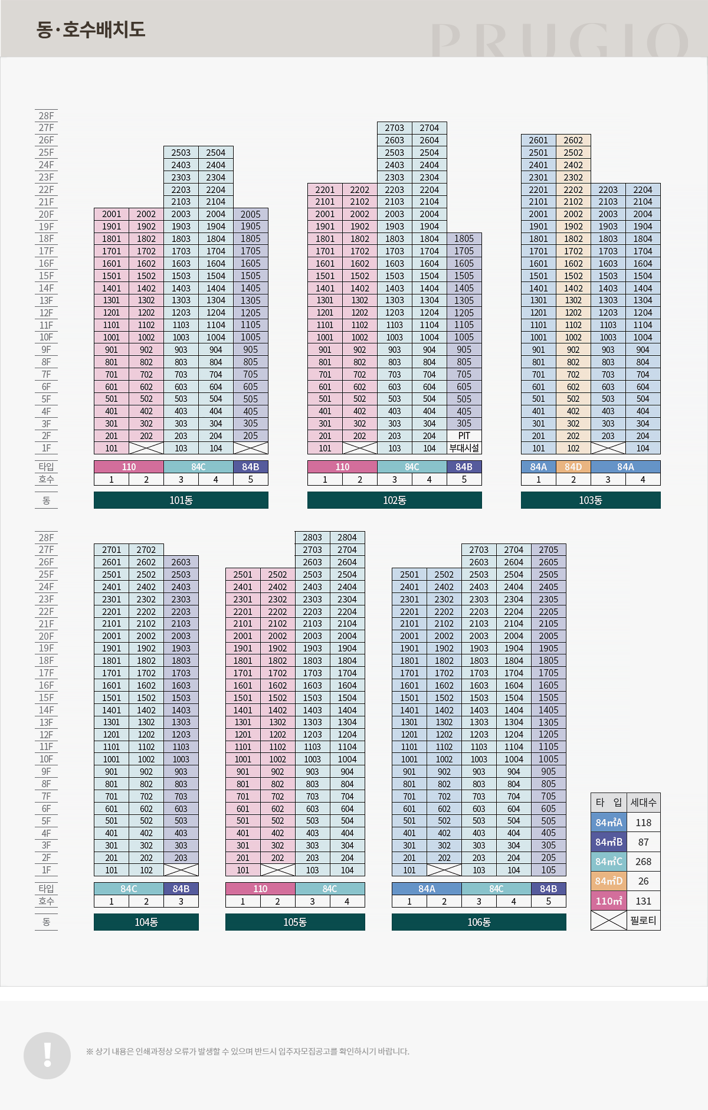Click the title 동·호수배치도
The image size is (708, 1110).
point(91,30)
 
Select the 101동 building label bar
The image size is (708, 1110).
point(181,500)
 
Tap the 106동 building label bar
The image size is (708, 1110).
point(478,922)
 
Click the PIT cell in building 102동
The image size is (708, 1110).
point(464,436)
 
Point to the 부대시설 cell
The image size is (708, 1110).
point(464,448)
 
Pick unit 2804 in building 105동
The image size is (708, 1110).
point(347,538)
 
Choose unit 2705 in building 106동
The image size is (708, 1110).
point(548,550)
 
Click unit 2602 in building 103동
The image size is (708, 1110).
point(573,140)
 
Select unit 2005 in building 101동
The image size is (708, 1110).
point(250,214)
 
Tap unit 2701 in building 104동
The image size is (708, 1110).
point(112,550)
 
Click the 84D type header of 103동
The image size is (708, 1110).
point(573,467)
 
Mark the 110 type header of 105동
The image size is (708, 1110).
point(260,889)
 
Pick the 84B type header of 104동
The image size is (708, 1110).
point(181,889)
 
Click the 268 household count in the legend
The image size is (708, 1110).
point(643,862)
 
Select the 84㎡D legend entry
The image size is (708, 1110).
point(608,881)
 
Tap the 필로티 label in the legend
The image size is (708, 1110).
point(643,921)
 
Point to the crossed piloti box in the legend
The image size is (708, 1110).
point(608,921)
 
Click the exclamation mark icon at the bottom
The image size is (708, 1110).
point(47,1056)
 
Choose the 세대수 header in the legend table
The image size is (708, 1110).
point(643,803)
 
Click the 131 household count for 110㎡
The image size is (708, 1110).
point(643,901)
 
